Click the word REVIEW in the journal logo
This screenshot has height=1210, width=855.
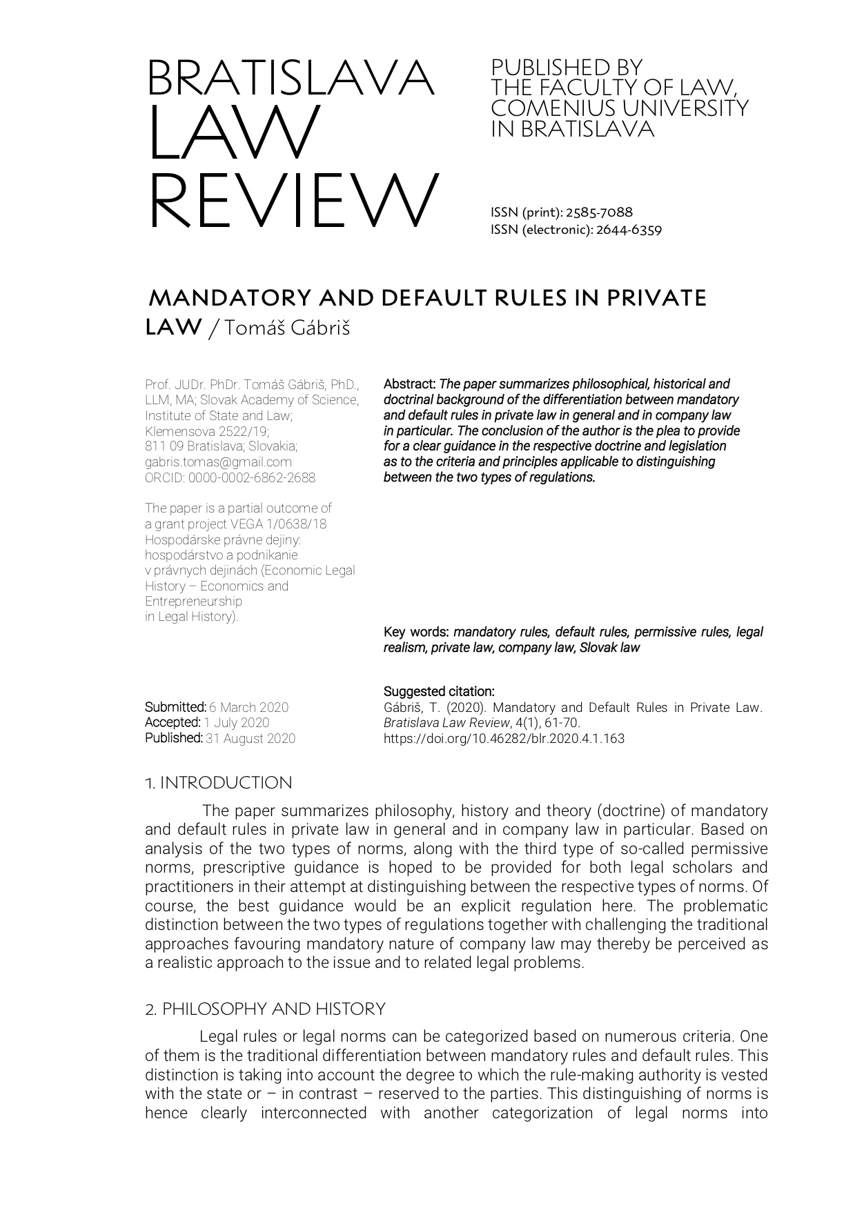pyautogui.click(x=293, y=201)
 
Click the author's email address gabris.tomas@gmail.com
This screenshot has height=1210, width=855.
pyautogui.click(x=218, y=462)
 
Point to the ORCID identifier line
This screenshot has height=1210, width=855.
pyautogui.click(x=230, y=477)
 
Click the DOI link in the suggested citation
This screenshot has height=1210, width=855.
pyautogui.click(x=504, y=738)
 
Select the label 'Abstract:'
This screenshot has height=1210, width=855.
pyautogui.click(x=410, y=384)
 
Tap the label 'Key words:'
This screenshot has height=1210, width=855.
pyautogui.click(x=416, y=632)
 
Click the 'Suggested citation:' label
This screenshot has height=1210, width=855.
pyautogui.click(x=439, y=691)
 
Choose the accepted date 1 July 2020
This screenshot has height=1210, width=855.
pyautogui.click(x=237, y=722)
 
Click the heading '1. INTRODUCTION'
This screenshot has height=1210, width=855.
pyautogui.click(x=219, y=783)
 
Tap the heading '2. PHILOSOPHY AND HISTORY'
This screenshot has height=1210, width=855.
pyautogui.click(x=265, y=1009)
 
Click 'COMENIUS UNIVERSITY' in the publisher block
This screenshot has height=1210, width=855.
pyautogui.click(x=619, y=108)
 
